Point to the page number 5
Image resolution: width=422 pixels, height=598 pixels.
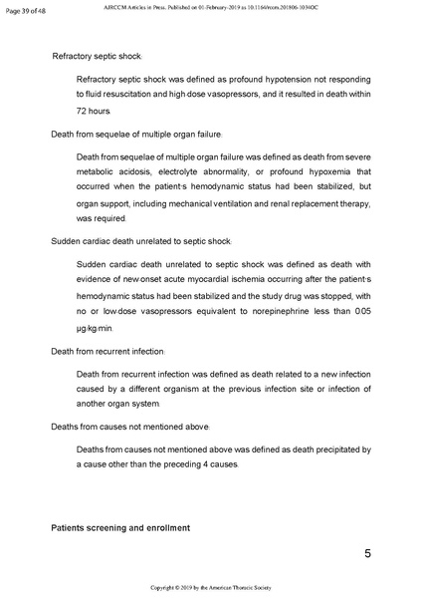click(367, 553)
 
